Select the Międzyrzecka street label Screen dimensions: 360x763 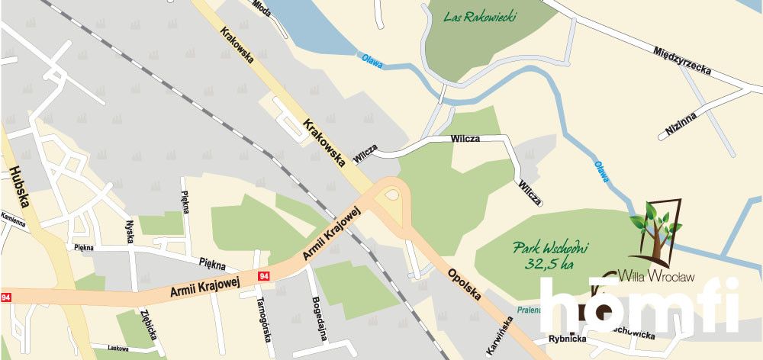pos(682,60)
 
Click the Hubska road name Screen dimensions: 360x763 pos(19,188)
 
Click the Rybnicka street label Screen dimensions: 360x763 pos(566,339)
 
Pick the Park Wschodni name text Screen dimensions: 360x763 pos(550,248)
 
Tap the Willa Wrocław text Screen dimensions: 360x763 pos(656,277)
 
